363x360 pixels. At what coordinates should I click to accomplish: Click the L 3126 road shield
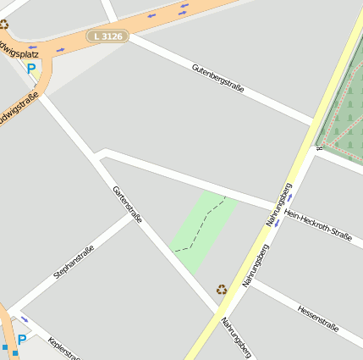point(107,37)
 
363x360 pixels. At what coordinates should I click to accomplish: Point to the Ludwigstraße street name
point(19,110)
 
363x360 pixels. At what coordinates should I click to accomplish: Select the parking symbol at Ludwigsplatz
point(31,68)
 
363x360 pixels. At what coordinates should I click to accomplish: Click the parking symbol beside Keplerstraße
point(22,340)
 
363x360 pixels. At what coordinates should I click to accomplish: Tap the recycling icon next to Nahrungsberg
point(222,290)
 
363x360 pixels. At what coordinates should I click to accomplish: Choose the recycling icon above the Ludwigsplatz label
point(3,25)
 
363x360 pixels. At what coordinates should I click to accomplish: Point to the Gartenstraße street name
point(127,205)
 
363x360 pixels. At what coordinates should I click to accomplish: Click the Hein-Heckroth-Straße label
point(317,224)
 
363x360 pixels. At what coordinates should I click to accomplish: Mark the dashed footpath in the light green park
point(204,224)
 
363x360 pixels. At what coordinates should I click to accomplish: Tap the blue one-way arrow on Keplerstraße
point(24,319)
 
